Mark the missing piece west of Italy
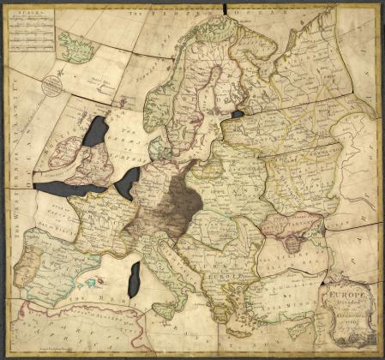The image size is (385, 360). click(134, 279)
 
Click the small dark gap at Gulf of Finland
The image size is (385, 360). click(238, 112)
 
